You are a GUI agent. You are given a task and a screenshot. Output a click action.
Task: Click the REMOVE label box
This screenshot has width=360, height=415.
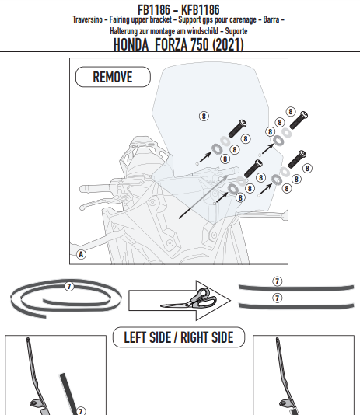tap(113, 77)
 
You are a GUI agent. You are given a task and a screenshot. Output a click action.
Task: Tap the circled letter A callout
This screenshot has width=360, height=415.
tap(81, 254)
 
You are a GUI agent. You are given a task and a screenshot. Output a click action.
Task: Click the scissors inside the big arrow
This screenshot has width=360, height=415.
tap(189, 298)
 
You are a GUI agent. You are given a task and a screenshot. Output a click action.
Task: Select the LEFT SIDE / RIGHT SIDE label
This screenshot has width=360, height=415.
tap(179, 337)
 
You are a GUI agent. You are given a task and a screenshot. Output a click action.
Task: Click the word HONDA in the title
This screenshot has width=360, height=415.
tap(131, 44)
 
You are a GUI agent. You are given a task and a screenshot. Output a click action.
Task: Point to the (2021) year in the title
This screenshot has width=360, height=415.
tap(228, 44)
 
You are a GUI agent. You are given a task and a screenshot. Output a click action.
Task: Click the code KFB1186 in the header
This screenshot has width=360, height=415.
tap(201, 10)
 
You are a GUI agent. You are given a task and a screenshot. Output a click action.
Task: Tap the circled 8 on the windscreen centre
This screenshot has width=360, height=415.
tap(204, 116)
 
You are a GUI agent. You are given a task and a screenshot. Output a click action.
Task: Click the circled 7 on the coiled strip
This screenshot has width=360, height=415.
tap(69, 286)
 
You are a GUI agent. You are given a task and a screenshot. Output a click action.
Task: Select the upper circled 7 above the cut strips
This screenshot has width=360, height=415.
tap(277, 281)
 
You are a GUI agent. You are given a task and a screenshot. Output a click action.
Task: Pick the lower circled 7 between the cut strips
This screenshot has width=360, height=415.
tap(277, 298)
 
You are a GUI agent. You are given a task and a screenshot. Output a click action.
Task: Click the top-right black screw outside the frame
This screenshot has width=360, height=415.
tap(299, 120)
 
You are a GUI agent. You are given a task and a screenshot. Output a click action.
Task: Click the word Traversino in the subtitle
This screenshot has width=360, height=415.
tap(88, 19)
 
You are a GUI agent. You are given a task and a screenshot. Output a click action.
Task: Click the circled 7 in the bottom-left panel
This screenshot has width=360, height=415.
tap(81, 411)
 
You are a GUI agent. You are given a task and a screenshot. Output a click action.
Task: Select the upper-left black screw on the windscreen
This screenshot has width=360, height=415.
tap(237, 128)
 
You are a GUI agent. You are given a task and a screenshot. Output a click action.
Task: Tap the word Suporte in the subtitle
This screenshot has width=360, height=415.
tap(236, 31)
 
